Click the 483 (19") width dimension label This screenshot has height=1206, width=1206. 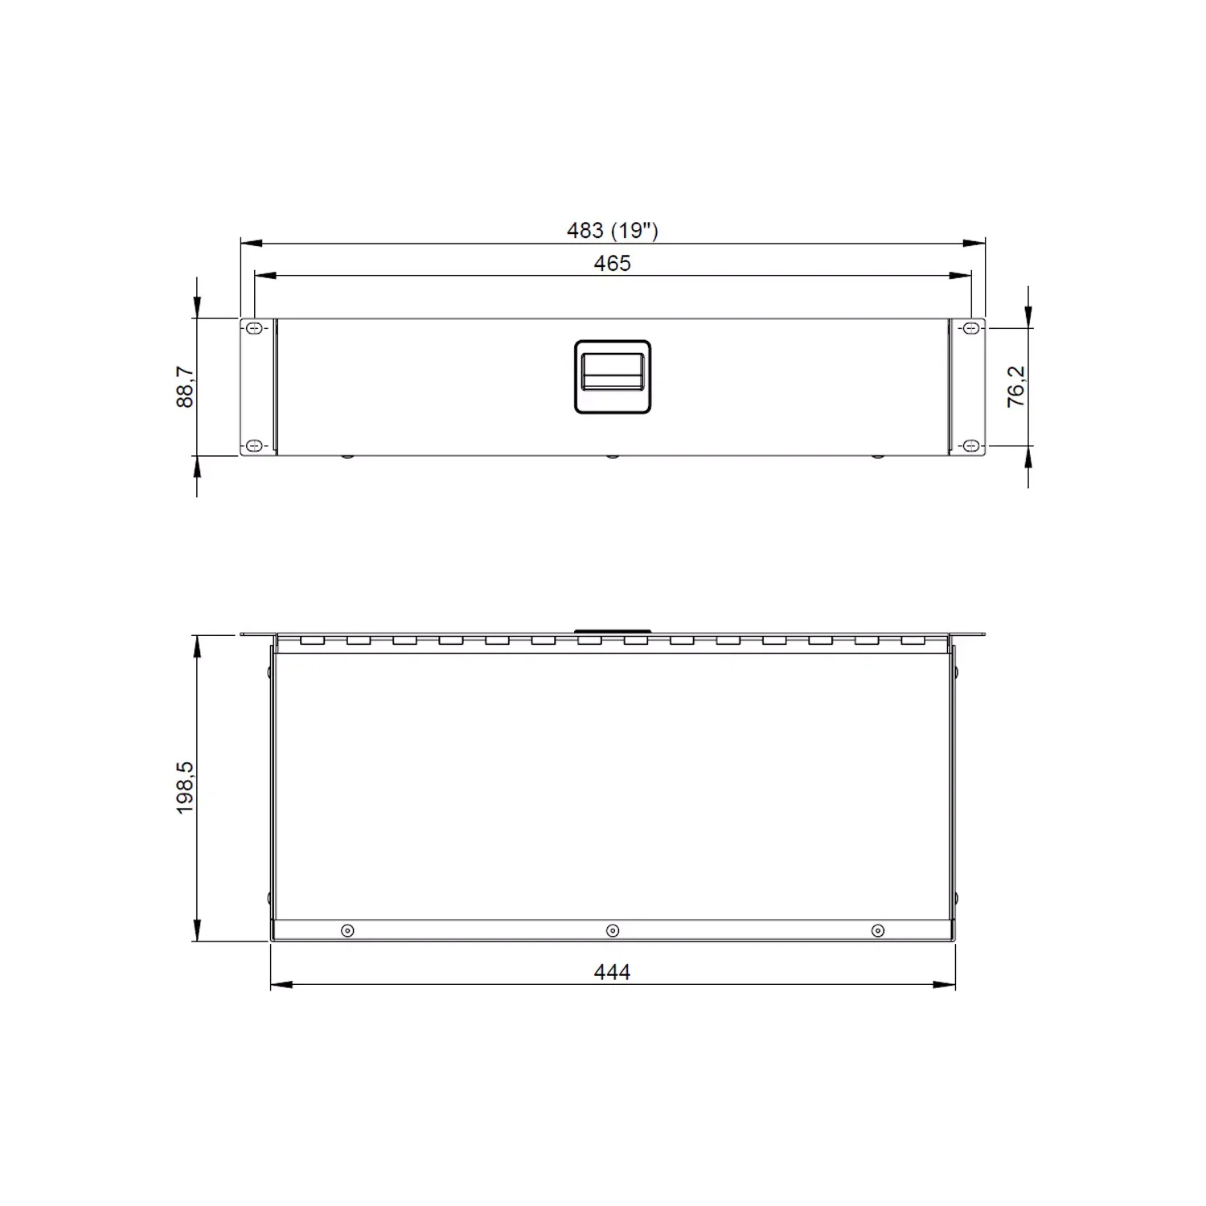613,231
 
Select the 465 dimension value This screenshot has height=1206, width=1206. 613,264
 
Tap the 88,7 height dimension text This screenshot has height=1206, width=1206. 185,387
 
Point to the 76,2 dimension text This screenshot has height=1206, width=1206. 1016,387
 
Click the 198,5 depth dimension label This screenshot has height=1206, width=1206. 185,788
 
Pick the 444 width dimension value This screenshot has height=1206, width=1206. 613,972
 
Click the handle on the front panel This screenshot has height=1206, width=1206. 613,377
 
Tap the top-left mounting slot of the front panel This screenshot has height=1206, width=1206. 254,328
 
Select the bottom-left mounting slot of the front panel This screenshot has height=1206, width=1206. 254,445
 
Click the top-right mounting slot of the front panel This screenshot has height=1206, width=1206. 970,328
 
